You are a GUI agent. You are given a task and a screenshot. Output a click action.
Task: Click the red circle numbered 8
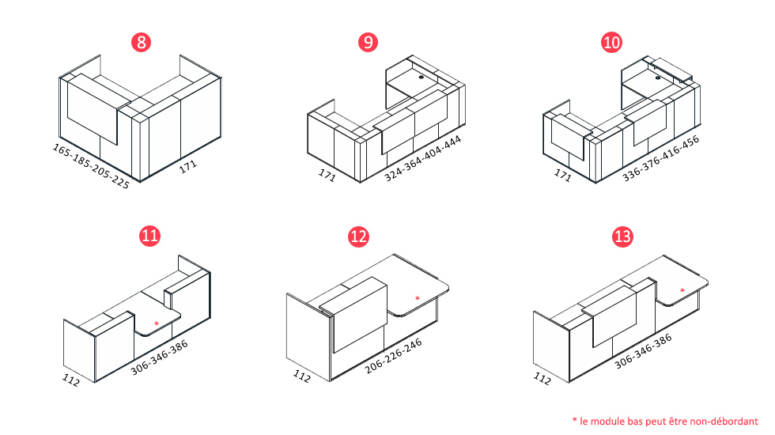pyautogui.click(x=141, y=42)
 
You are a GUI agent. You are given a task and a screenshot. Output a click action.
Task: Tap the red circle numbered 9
pyautogui.click(x=368, y=42)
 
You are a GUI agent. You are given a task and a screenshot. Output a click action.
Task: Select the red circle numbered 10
pyautogui.click(x=611, y=42)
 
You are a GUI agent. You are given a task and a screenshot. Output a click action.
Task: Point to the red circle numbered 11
pyautogui.click(x=149, y=236)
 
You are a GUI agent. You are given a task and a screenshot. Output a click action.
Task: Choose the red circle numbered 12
pyautogui.click(x=358, y=236)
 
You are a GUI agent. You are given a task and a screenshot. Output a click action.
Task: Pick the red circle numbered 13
pyautogui.click(x=622, y=236)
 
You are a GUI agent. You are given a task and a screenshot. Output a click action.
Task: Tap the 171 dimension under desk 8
pyautogui.click(x=188, y=167)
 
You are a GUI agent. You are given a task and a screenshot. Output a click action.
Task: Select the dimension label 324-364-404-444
pyautogui.click(x=422, y=158)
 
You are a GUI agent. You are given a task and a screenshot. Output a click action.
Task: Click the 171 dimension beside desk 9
pyautogui.click(x=327, y=175)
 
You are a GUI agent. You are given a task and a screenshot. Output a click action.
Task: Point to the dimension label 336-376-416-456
pyautogui.click(x=661, y=158)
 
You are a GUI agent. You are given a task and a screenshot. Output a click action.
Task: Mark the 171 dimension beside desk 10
pyautogui.click(x=562, y=175)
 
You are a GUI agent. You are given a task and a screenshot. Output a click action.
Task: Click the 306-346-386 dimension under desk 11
pyautogui.click(x=159, y=357)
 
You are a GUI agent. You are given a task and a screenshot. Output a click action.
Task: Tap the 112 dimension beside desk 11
pyautogui.click(x=70, y=380)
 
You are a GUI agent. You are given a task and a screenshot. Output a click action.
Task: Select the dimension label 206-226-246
pyautogui.click(x=394, y=356)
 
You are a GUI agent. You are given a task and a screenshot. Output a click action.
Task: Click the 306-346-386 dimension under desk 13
pyautogui.click(x=643, y=351)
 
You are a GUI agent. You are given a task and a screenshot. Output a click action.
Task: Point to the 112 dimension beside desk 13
pyautogui.click(x=542, y=379)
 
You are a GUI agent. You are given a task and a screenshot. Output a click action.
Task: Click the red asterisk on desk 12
pyautogui.click(x=418, y=298)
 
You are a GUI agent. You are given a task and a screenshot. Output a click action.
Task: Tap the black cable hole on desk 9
pyautogui.click(x=421, y=78)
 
